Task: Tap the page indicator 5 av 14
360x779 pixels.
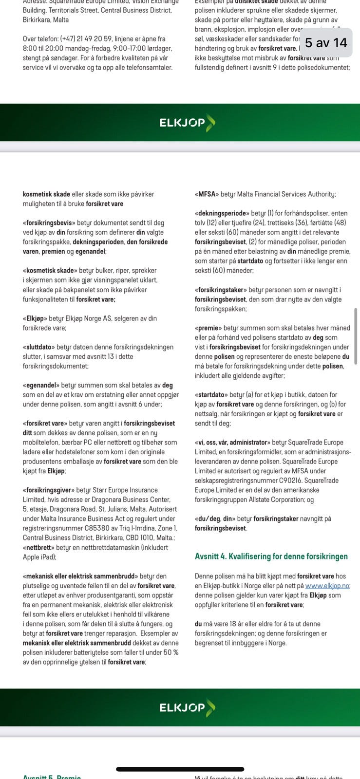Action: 326,43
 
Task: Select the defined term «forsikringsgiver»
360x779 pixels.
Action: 48,490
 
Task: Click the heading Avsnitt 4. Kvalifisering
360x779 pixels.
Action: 271,556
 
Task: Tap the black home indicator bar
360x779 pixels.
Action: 180,769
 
